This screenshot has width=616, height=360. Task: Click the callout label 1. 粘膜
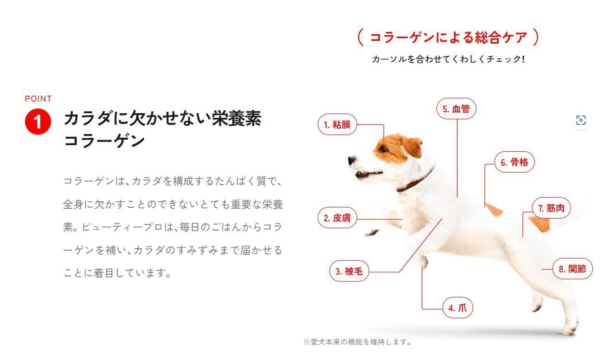point(337,125)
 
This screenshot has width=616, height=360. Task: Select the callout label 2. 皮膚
point(337,218)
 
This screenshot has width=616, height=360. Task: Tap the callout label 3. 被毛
point(349,271)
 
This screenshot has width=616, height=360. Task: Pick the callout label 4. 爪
point(458,308)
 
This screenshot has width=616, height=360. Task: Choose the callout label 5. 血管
point(456,109)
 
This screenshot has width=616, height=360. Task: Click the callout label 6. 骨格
point(514,162)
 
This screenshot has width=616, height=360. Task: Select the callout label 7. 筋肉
point(552,208)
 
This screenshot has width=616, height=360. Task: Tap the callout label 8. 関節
point(572,269)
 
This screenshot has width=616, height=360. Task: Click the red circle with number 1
point(38,122)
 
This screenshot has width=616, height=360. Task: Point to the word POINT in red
point(38,99)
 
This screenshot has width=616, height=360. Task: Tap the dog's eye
point(383,149)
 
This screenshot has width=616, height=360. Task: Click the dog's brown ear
point(412,146)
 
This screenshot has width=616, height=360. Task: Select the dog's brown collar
point(415,180)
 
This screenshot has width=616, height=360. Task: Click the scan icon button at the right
point(581,120)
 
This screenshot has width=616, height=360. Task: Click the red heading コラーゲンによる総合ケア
point(449,38)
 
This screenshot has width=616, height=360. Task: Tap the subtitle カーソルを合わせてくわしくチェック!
point(448,59)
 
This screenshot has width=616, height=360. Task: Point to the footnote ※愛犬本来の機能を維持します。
point(358,342)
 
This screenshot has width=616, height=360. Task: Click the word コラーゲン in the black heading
point(104,141)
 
